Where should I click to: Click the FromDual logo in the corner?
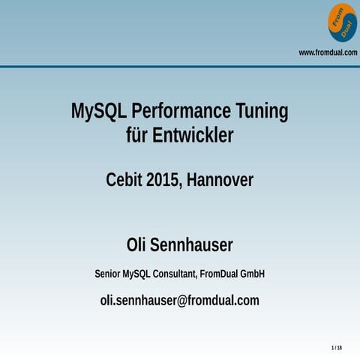[342, 22]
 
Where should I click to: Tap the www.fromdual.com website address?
[328, 52]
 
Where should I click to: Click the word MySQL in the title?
[97, 112]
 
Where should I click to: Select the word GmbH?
[252, 274]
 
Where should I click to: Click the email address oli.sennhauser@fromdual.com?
[180, 301]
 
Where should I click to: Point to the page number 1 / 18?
[336, 348]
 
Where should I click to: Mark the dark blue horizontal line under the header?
[180, 66]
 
